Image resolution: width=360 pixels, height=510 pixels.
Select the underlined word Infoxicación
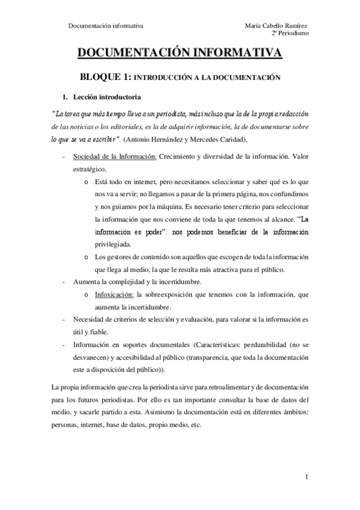pyautogui.click(x=114, y=295)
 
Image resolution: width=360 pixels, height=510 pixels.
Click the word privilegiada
pyautogui.click(x=115, y=245)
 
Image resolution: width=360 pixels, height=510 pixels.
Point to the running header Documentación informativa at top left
pyautogui.click(x=106, y=25)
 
